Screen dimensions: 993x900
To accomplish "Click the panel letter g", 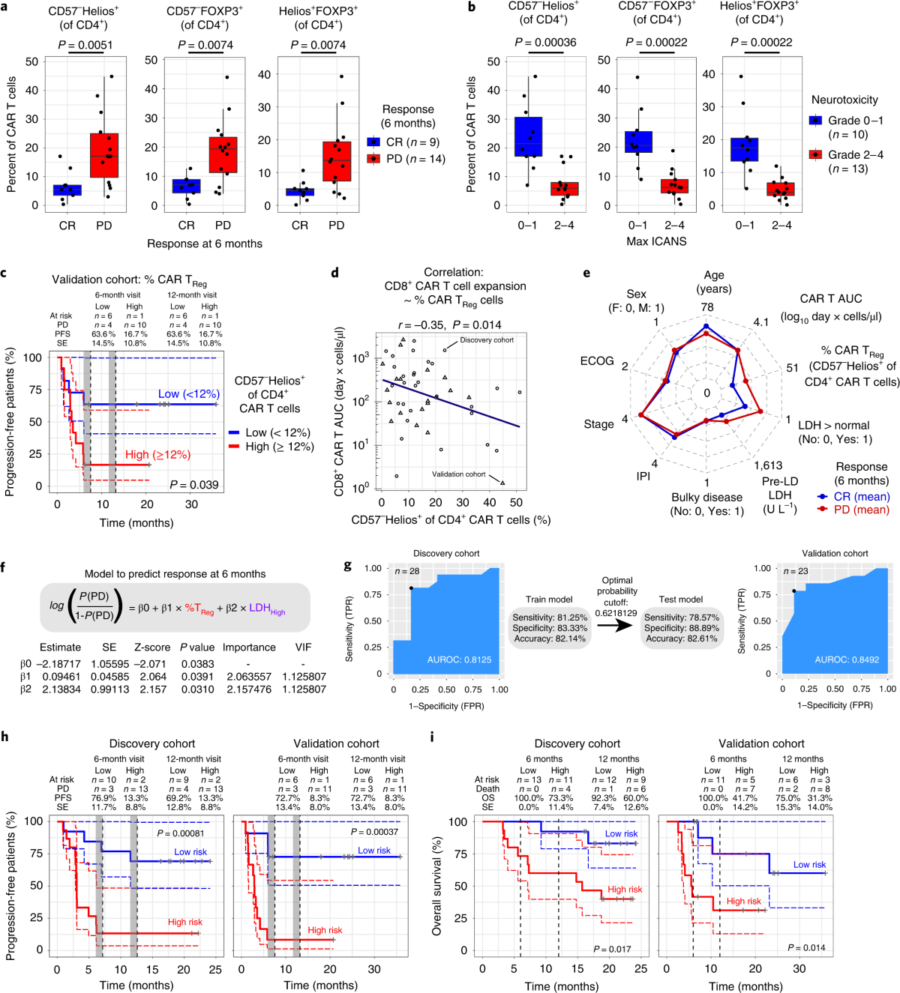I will click(347, 566).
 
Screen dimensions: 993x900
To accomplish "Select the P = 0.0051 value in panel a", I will click(85, 45).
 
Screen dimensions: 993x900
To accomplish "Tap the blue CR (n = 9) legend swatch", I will click(373, 142).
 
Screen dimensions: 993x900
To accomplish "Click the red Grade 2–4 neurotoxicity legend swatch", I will click(815, 154).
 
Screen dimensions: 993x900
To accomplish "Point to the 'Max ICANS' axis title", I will click(656, 241).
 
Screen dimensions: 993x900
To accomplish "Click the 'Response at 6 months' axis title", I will click(205, 244).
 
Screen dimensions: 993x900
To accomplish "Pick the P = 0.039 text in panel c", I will click(194, 485).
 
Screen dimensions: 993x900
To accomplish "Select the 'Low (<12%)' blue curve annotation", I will click(189, 394).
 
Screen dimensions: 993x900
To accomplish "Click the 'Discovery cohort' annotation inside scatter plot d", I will click(487, 340).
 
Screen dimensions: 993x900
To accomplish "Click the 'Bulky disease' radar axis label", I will click(706, 497).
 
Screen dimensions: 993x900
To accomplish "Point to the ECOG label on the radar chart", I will click(597, 361).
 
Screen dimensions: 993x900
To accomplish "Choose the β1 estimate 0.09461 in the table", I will click(61, 676).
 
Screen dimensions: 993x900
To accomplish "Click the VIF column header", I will click(304, 648).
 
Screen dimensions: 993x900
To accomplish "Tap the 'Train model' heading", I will click(549, 600).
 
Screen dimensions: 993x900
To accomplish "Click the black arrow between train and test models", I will click(616, 626).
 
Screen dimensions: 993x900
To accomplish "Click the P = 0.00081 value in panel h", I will click(181, 833).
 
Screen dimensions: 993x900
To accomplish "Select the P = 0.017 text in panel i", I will click(612, 949).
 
